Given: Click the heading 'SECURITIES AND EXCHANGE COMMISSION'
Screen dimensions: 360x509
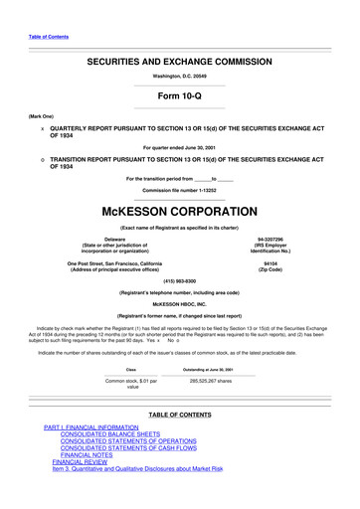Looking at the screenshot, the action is click(180, 62).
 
